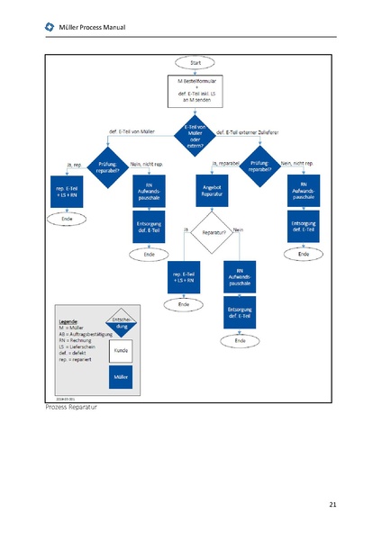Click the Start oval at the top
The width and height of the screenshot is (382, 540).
point(196,63)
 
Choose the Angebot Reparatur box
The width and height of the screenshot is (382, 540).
point(213,189)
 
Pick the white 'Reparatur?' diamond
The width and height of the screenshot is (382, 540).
point(214,231)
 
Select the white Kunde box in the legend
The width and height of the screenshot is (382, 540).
point(120,349)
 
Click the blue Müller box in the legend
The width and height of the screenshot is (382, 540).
point(120,378)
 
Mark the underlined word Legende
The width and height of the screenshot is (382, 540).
point(68,321)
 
